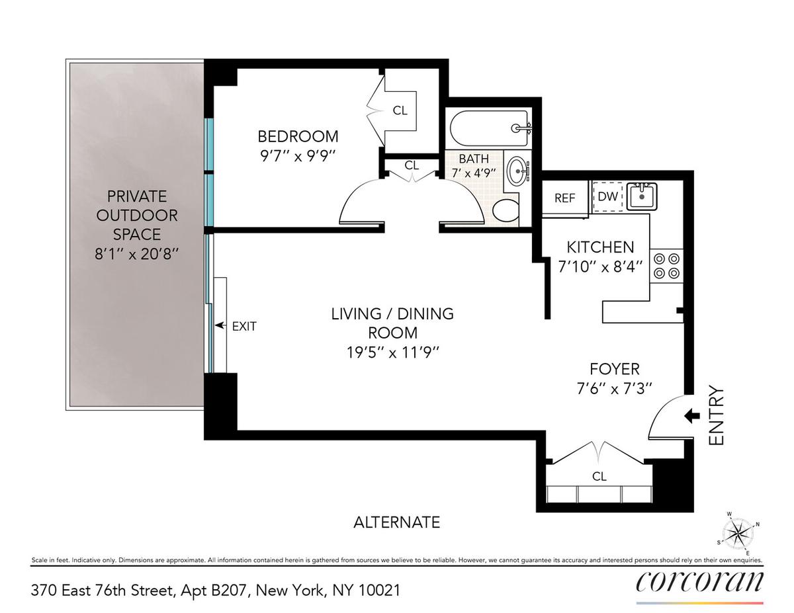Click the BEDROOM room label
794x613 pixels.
298,136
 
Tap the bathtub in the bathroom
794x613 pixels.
490,128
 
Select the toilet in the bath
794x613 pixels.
506,210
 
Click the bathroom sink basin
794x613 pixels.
518,171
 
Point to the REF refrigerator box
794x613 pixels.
564,198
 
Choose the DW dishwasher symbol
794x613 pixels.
607,196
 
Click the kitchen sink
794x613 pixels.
642,196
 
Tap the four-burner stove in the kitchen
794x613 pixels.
666,266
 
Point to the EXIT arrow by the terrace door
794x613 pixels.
220,325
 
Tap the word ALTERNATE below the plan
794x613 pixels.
396,522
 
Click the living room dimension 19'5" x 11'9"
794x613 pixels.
392,352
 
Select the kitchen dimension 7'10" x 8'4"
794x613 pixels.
600,267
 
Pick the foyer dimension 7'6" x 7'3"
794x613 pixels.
614,388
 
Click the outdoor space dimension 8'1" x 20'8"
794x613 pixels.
137,253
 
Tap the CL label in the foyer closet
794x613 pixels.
599,476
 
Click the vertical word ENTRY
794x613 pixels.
716,415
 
